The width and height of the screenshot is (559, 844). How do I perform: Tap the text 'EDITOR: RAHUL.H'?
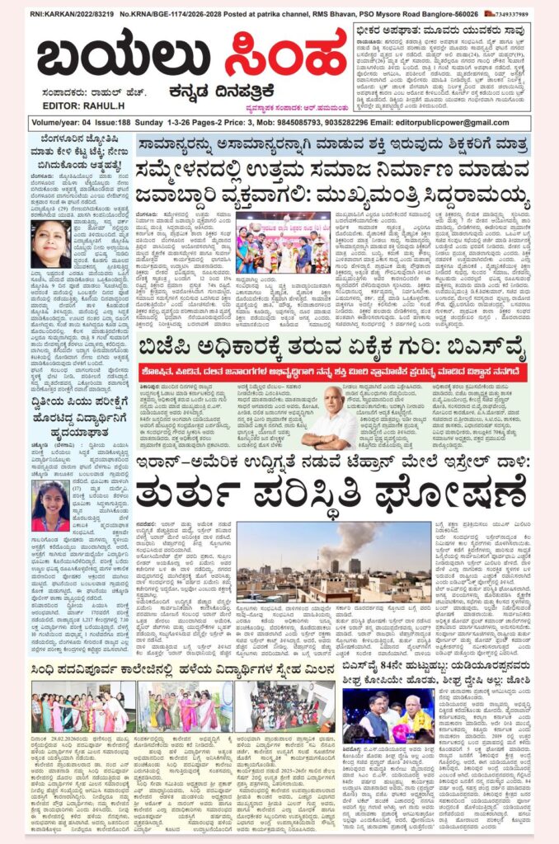tap(64, 105)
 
